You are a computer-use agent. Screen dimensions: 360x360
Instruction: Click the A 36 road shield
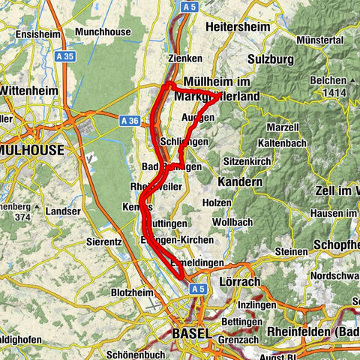point(130,118)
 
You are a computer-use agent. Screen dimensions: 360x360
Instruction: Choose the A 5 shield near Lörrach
point(197,288)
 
